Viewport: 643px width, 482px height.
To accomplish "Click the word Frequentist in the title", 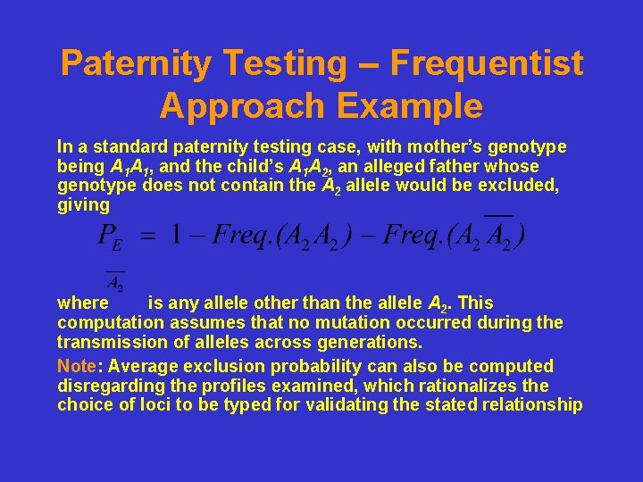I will point(486,63).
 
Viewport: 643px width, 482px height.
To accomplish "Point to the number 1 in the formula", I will point(177,236).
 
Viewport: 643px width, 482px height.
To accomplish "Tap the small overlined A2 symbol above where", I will point(114,283).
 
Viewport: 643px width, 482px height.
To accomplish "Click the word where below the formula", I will point(83,303).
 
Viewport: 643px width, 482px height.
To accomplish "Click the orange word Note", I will point(77,367).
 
